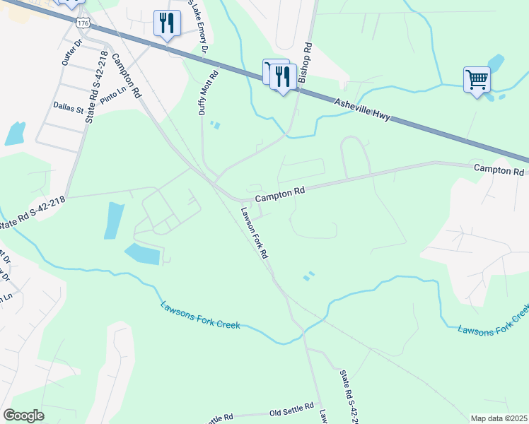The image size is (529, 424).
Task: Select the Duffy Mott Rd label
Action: pyautogui.click(x=209, y=90)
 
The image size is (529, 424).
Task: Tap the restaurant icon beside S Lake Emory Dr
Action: pyautogui.click(x=167, y=24)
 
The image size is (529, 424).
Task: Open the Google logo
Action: pyautogui.click(x=24, y=415)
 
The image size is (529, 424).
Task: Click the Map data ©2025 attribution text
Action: pyautogui.click(x=499, y=418)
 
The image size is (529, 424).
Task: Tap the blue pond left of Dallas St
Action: pyautogui.click(x=15, y=133)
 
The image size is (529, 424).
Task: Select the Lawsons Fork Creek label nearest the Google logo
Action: pyautogui.click(x=199, y=315)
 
